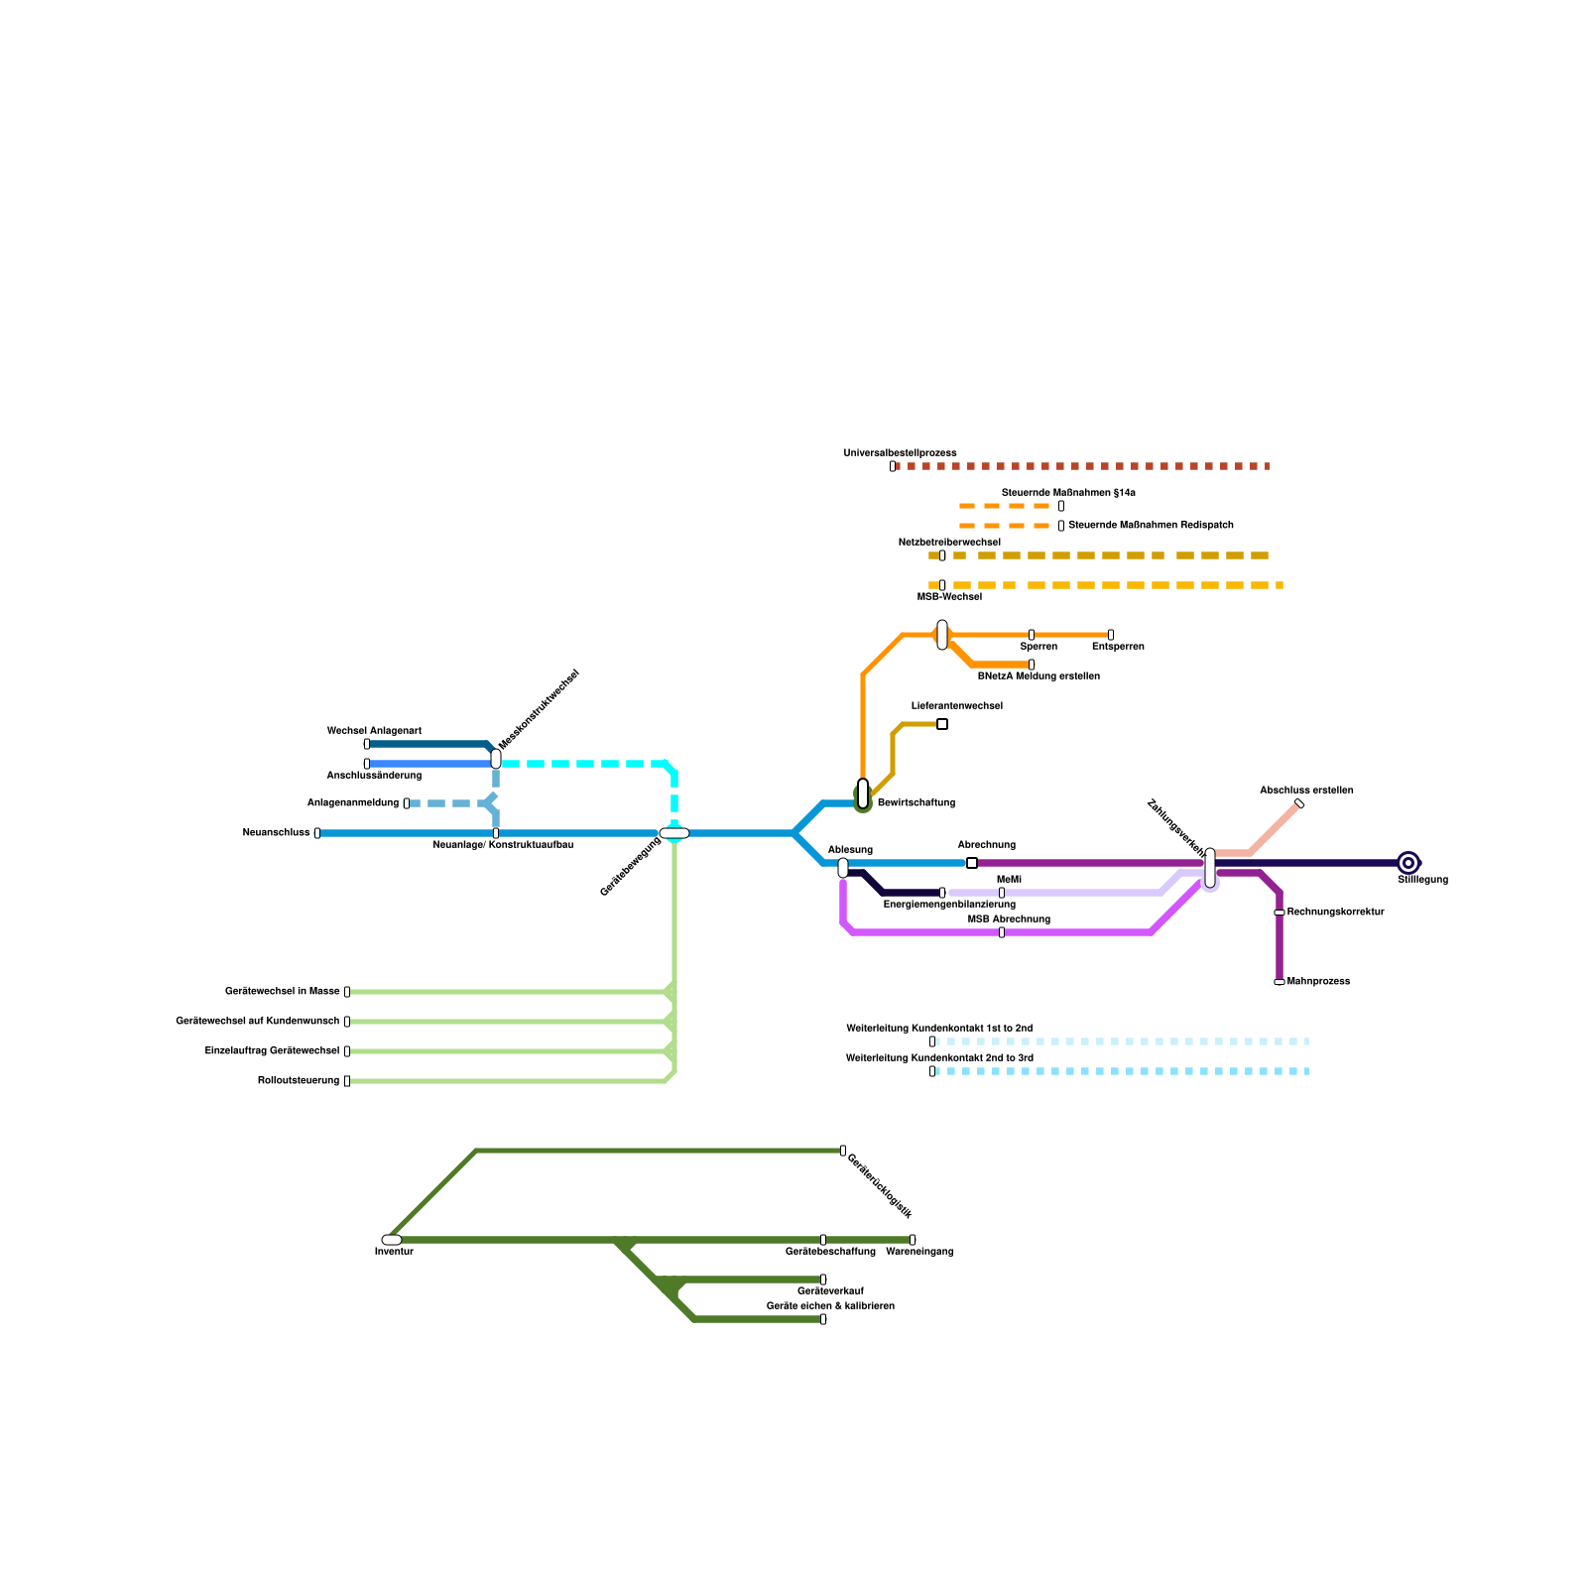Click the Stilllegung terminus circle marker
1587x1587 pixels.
pos(1408,863)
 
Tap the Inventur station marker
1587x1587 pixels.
pos(392,1240)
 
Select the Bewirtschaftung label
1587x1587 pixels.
pos(916,802)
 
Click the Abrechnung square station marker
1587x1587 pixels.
pos(972,863)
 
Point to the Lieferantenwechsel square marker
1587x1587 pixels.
pos(942,724)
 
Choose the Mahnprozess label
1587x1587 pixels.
pos(1318,981)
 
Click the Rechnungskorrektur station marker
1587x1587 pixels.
pos(1280,913)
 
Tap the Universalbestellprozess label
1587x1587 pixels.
pos(900,453)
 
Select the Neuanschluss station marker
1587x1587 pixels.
pos(317,833)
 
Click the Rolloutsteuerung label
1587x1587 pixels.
pos(299,1080)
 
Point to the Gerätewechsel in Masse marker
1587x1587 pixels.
pos(347,992)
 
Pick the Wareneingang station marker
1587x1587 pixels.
pos(913,1240)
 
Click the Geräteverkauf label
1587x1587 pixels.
pos(830,1291)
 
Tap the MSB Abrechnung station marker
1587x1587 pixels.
pos(1002,932)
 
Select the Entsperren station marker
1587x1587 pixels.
pos(1111,635)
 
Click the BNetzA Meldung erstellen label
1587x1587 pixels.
pos(1038,676)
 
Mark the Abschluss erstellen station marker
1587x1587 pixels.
pos(1299,803)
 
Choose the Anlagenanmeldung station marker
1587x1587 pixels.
pos(407,803)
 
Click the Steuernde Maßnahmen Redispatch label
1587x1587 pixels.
pos(1151,525)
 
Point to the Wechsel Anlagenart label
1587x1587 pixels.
pos(374,731)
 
